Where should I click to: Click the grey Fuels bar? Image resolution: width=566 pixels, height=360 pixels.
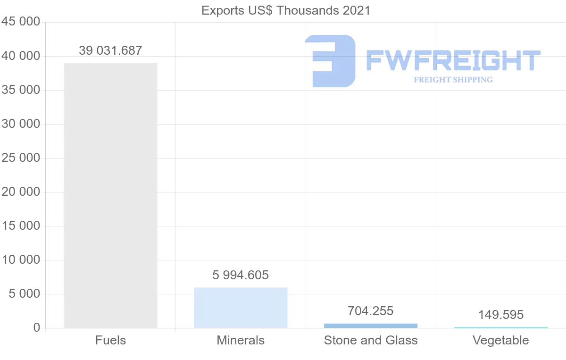111,195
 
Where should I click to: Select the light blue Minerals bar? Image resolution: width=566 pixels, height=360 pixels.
241,308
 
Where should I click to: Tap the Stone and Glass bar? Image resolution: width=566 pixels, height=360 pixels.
371,326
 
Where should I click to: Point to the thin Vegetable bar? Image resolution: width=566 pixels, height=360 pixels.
501,327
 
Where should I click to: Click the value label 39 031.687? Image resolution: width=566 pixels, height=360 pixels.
110,50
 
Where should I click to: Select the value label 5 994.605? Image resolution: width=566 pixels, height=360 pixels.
240,275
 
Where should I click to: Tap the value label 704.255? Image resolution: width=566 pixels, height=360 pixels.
370,311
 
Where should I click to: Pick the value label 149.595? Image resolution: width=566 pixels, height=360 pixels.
501,315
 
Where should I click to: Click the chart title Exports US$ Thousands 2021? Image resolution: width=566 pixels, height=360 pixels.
286,11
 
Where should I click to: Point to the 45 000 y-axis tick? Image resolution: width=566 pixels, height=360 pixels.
21,22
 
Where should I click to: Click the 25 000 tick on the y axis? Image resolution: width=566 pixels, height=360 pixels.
21,158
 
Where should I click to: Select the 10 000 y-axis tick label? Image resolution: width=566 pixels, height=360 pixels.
21,260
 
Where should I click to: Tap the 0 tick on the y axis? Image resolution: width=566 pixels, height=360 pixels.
37,327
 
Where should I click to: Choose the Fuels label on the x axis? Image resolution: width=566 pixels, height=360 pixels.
110,340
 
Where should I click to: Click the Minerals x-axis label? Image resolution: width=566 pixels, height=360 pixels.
241,340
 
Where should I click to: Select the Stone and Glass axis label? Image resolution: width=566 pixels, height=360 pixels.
371,340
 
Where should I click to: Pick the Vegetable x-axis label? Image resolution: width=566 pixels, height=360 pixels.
501,340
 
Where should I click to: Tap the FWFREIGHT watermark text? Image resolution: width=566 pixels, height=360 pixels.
453,60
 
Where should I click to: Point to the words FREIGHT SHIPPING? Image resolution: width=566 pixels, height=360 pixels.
453,80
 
